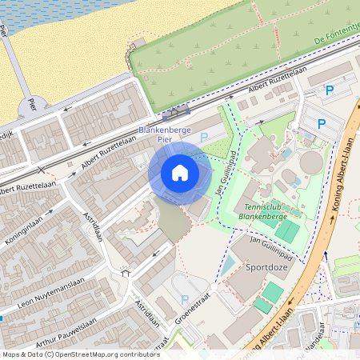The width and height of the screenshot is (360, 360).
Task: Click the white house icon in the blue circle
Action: tap(179, 173)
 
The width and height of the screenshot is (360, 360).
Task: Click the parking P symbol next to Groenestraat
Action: tap(186, 302)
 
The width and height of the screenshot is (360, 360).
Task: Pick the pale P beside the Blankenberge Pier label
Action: tap(203, 138)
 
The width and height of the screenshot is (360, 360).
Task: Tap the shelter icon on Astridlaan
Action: tap(125, 273)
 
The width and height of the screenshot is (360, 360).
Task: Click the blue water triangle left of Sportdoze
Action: tap(226, 265)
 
